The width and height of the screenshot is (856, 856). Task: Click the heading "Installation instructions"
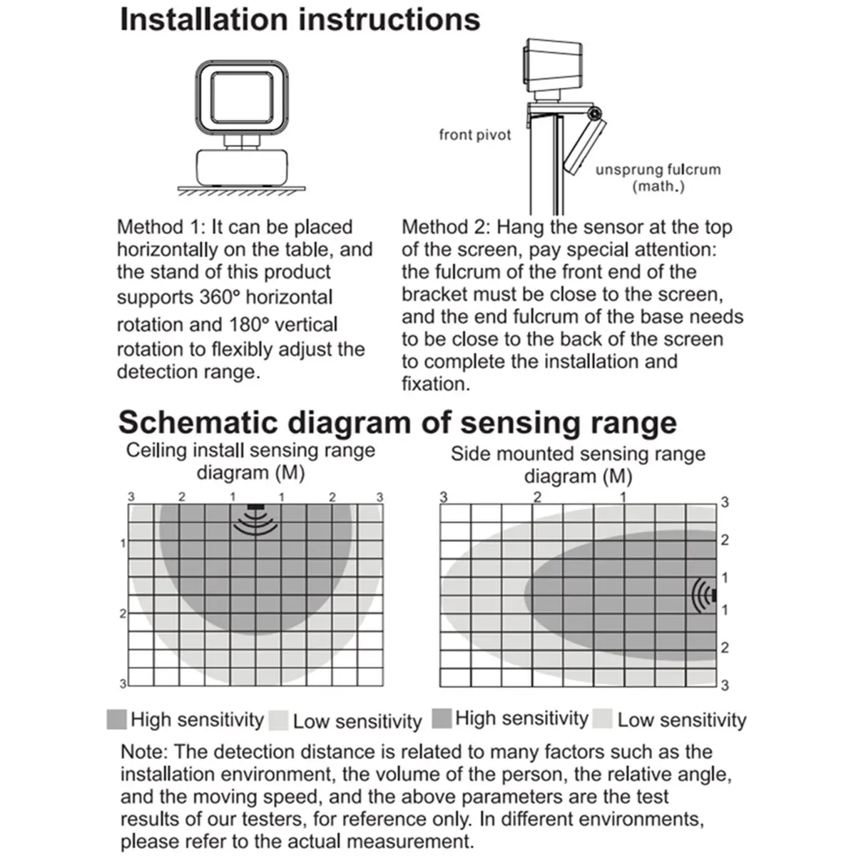pyautogui.click(x=300, y=20)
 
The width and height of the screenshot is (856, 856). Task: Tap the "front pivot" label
pyautogui.click(x=475, y=134)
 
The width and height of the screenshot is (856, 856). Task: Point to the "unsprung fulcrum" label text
pyautogui.click(x=658, y=170)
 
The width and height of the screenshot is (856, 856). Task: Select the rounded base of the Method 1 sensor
pyautogui.click(x=243, y=166)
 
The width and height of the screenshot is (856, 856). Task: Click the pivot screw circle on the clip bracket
pyautogui.click(x=593, y=114)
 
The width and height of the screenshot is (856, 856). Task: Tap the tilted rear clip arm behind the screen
pyautogui.click(x=585, y=146)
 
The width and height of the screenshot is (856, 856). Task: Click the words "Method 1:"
pyautogui.click(x=161, y=227)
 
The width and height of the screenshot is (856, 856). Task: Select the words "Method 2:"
pyautogui.click(x=446, y=227)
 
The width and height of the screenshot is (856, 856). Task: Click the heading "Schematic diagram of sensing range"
pyautogui.click(x=397, y=422)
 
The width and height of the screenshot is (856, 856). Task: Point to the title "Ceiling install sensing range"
pyautogui.click(x=250, y=451)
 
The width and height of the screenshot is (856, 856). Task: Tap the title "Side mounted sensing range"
pyautogui.click(x=578, y=454)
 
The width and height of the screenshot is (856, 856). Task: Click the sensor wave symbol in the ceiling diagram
pyautogui.click(x=255, y=521)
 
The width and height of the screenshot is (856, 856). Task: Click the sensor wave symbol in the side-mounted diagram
pyautogui.click(x=705, y=595)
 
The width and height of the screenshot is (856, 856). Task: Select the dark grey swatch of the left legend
pyautogui.click(x=116, y=719)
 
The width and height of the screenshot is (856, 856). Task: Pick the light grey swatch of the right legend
pyautogui.click(x=603, y=719)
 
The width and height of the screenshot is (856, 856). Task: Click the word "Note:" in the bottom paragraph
pyautogui.click(x=144, y=752)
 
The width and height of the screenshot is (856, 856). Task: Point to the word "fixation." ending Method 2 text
pyautogui.click(x=436, y=384)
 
